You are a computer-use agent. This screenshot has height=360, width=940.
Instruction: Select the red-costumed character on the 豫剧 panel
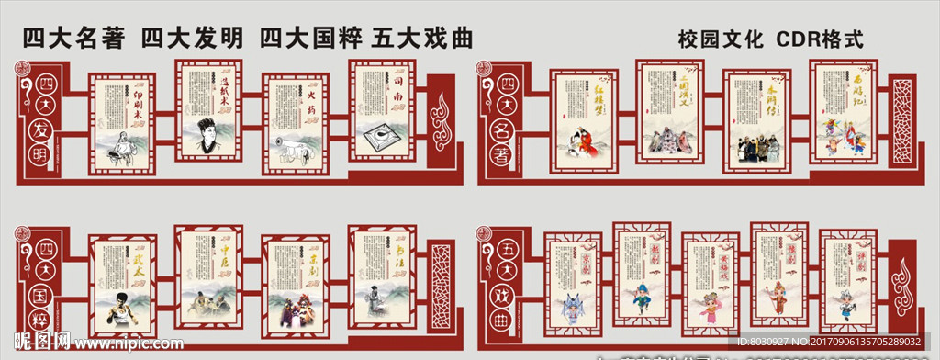778,291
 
